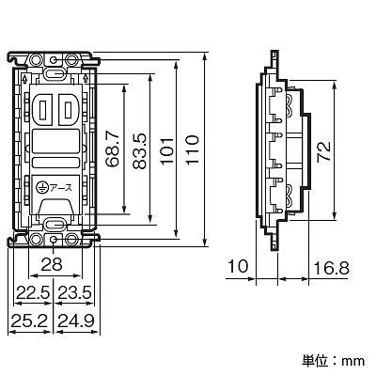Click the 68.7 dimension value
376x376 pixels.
click(113, 149)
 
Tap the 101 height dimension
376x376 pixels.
click(166, 150)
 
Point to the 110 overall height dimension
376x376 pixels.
click(192, 149)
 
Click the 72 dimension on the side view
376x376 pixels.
click(323, 151)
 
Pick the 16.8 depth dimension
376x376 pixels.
click(331, 269)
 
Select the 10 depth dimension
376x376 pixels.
click(238, 266)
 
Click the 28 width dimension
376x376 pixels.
click(52, 265)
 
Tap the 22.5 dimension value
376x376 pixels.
click(33, 293)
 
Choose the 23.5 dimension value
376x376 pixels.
click(74, 293)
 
